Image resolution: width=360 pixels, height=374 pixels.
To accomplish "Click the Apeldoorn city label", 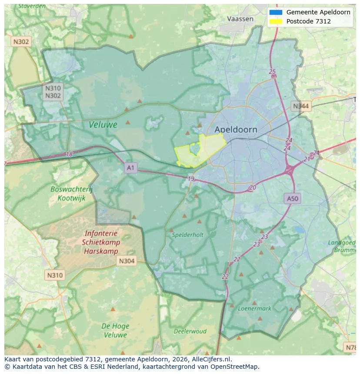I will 236,129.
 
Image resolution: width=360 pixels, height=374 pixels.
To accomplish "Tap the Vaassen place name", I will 240,19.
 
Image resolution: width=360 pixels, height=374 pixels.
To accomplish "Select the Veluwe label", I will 103,125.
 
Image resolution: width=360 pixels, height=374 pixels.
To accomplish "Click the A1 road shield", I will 130,167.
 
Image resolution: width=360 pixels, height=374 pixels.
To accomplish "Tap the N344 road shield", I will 301,106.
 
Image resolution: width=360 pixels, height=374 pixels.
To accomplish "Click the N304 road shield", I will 127,261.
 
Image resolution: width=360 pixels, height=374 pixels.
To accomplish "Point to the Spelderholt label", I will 187,235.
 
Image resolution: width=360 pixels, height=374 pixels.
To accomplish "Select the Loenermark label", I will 254,308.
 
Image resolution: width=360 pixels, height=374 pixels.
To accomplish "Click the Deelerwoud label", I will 190,331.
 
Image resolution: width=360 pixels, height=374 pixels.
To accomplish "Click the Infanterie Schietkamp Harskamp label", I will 101,242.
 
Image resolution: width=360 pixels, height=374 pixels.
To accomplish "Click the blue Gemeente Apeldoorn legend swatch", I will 276,12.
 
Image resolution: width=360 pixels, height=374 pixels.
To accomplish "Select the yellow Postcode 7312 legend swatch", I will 276,21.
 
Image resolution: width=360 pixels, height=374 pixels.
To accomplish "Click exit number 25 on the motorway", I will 272,72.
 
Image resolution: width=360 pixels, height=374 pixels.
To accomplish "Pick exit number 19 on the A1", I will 191,179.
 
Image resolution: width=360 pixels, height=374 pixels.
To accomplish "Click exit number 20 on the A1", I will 253,188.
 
